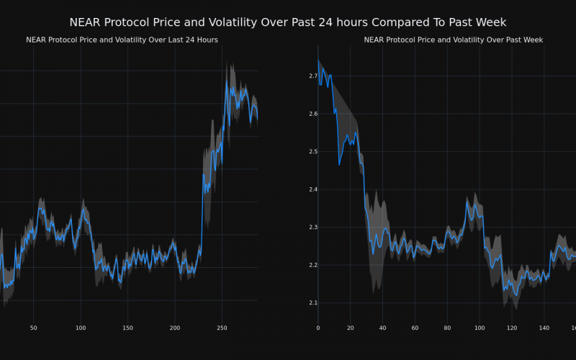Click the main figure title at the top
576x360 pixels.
tap(287, 22)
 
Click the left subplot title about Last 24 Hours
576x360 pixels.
tap(122, 40)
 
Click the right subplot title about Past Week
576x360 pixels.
tap(453, 40)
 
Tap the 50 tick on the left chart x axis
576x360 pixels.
tap(33, 328)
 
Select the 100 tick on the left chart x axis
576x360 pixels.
tap(80, 328)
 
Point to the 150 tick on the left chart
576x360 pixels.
tap(127, 328)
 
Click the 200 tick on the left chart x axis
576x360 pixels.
tap(174, 328)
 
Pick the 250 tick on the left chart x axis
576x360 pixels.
tap(222, 328)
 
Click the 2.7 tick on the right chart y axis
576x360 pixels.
tap(313, 76)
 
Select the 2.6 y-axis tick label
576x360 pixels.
tap(313, 114)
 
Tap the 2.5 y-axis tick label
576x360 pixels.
tap(313, 151)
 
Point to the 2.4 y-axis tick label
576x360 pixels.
tap(313, 189)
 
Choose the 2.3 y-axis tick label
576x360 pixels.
tap(313, 227)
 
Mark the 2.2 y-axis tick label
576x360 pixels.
tap(313, 265)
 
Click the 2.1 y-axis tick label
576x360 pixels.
tap(313, 302)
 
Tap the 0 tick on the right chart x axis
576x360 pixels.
tap(318, 328)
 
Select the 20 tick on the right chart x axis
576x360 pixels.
tap(350, 328)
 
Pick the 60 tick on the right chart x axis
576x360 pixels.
tap(415, 328)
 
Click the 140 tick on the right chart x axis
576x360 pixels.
tap(544, 328)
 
